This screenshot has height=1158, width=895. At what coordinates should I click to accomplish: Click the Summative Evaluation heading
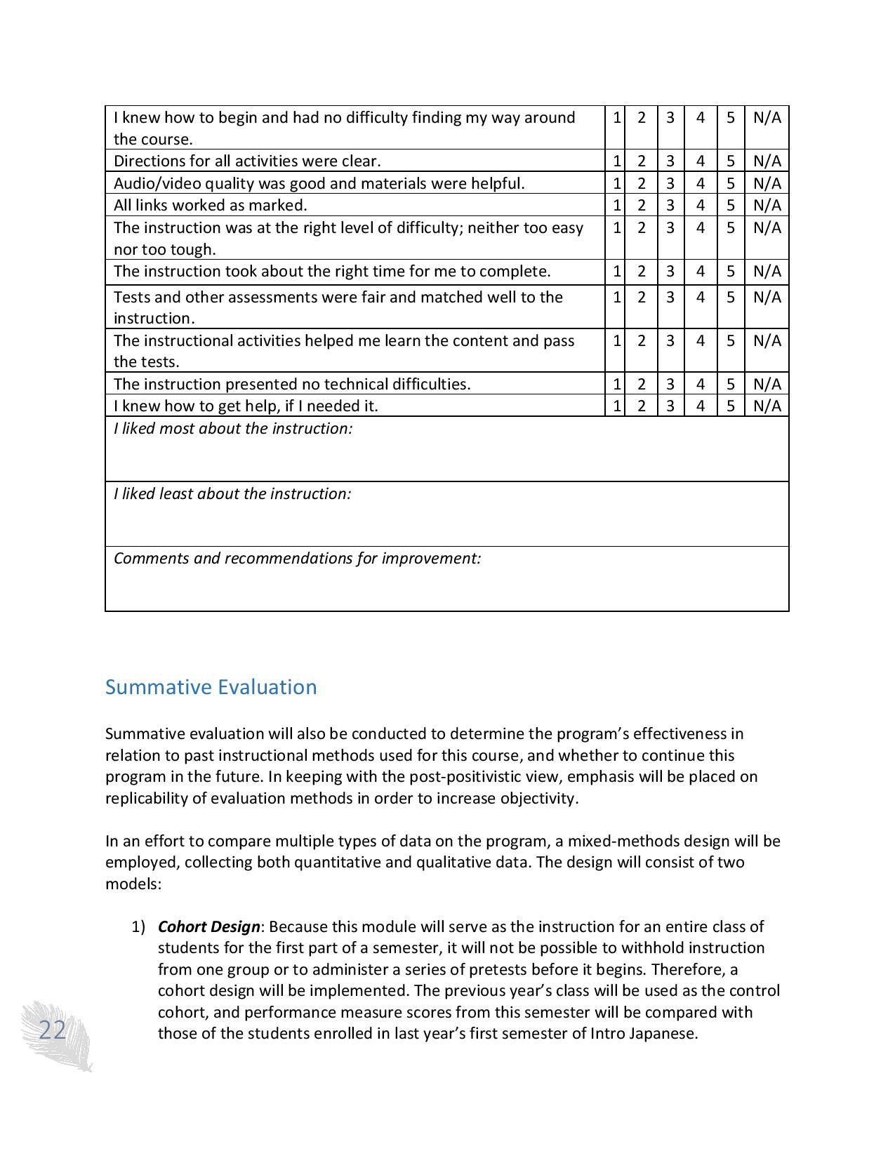tap(211, 687)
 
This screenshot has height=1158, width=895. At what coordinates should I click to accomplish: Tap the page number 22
tap(52, 1030)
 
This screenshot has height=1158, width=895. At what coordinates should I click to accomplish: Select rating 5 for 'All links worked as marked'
tap(731, 205)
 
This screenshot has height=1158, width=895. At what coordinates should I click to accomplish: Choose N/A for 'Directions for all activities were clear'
tap(767, 161)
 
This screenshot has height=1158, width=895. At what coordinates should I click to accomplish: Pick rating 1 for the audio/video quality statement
tap(616, 183)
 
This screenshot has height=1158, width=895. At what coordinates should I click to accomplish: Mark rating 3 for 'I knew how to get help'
tap(670, 406)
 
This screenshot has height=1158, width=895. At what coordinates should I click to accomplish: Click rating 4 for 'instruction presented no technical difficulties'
tap(701, 384)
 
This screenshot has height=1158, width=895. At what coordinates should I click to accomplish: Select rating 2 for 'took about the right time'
tap(641, 271)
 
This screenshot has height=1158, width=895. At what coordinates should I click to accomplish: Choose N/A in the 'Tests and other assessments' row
tap(767, 297)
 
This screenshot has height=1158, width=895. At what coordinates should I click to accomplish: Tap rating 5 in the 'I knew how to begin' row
tap(731, 117)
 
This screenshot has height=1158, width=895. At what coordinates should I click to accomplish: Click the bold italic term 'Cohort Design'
tap(208, 926)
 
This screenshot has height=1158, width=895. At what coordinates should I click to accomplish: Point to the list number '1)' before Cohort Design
tap(138, 926)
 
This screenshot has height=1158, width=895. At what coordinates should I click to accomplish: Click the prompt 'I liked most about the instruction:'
tap(233, 428)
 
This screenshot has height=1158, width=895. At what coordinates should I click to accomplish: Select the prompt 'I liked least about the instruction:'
tap(232, 493)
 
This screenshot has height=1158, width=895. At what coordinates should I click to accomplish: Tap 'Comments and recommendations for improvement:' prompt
tap(297, 558)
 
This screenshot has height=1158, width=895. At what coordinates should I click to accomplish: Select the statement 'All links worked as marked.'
tap(211, 205)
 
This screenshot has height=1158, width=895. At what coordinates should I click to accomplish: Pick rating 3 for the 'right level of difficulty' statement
tap(670, 227)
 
